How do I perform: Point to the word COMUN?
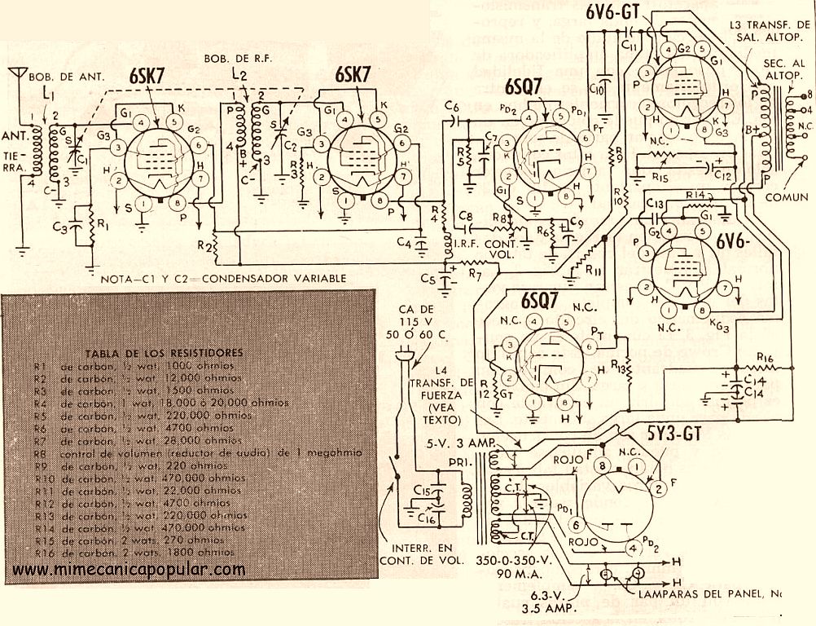click(x=787, y=196)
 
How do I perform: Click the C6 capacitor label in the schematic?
click(x=453, y=106)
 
